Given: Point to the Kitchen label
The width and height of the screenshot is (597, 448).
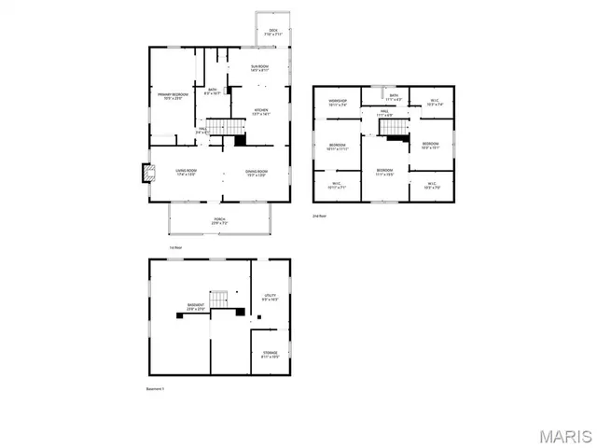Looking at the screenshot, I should point(261,112).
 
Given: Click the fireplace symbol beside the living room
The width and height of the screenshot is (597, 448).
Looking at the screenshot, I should point(147,173).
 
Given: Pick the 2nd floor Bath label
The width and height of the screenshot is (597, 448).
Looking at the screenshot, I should point(395,95).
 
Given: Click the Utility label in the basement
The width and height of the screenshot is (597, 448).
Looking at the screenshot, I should point(270,297).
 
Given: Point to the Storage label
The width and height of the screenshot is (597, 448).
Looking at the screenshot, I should point(270,354).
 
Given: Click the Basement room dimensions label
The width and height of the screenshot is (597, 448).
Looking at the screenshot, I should point(196,309).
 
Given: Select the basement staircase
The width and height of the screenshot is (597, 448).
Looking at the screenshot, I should point(218,299).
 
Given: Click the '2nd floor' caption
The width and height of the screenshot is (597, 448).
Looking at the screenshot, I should point(321,215).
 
